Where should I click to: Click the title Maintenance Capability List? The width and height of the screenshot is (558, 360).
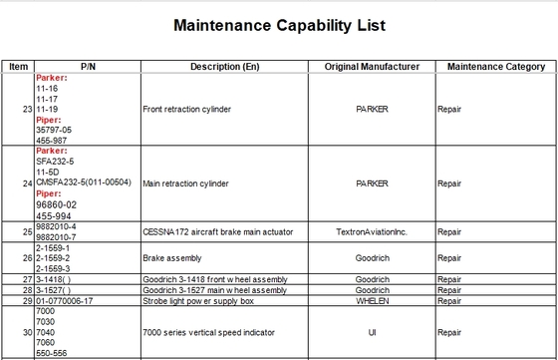(278, 25)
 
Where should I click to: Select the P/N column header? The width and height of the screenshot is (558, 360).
(87, 67)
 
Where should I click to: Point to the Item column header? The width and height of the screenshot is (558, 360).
(18, 67)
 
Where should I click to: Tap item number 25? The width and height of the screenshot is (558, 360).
(28, 231)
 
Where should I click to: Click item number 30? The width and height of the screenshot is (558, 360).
(28, 330)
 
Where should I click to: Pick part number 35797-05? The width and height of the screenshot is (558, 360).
(56, 129)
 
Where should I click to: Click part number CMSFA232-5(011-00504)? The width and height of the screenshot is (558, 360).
(83, 183)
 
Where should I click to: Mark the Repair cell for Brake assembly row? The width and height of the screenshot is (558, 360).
(449, 255)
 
